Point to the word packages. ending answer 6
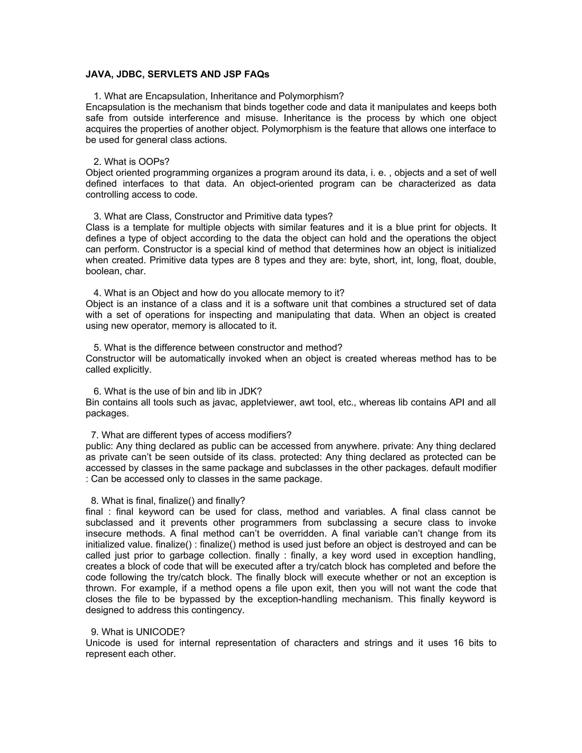coord(107,413)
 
